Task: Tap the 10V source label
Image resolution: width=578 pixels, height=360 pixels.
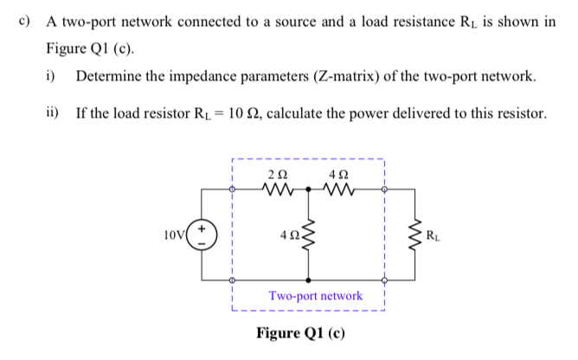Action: point(174,234)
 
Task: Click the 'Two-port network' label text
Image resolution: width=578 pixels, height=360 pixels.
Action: point(315,296)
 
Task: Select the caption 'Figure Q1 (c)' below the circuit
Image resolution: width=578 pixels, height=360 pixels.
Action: point(300,333)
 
